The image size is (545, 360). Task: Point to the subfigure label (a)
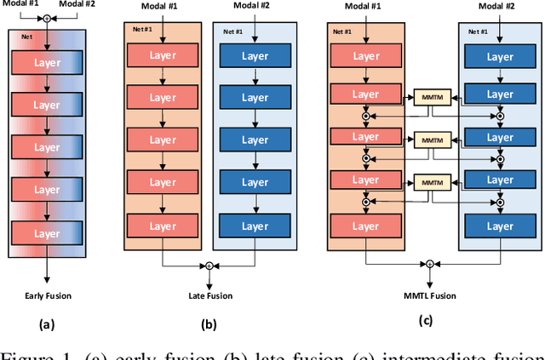(47, 324)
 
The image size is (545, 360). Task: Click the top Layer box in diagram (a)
(47, 63)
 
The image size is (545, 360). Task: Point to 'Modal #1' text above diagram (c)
(364, 6)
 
